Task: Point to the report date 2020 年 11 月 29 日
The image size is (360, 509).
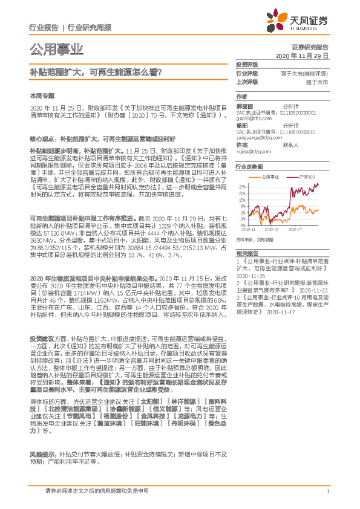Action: [x=302, y=55]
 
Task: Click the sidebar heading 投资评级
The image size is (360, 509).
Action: [x=247, y=64]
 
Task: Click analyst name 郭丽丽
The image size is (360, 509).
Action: [x=244, y=106]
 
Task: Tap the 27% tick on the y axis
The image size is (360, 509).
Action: [x=242, y=185]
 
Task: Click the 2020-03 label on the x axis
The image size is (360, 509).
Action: [x=270, y=229]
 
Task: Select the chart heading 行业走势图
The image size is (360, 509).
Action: [x=249, y=166]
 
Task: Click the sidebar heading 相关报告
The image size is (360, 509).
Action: [x=247, y=253]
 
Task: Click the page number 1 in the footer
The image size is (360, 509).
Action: [x=327, y=491]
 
